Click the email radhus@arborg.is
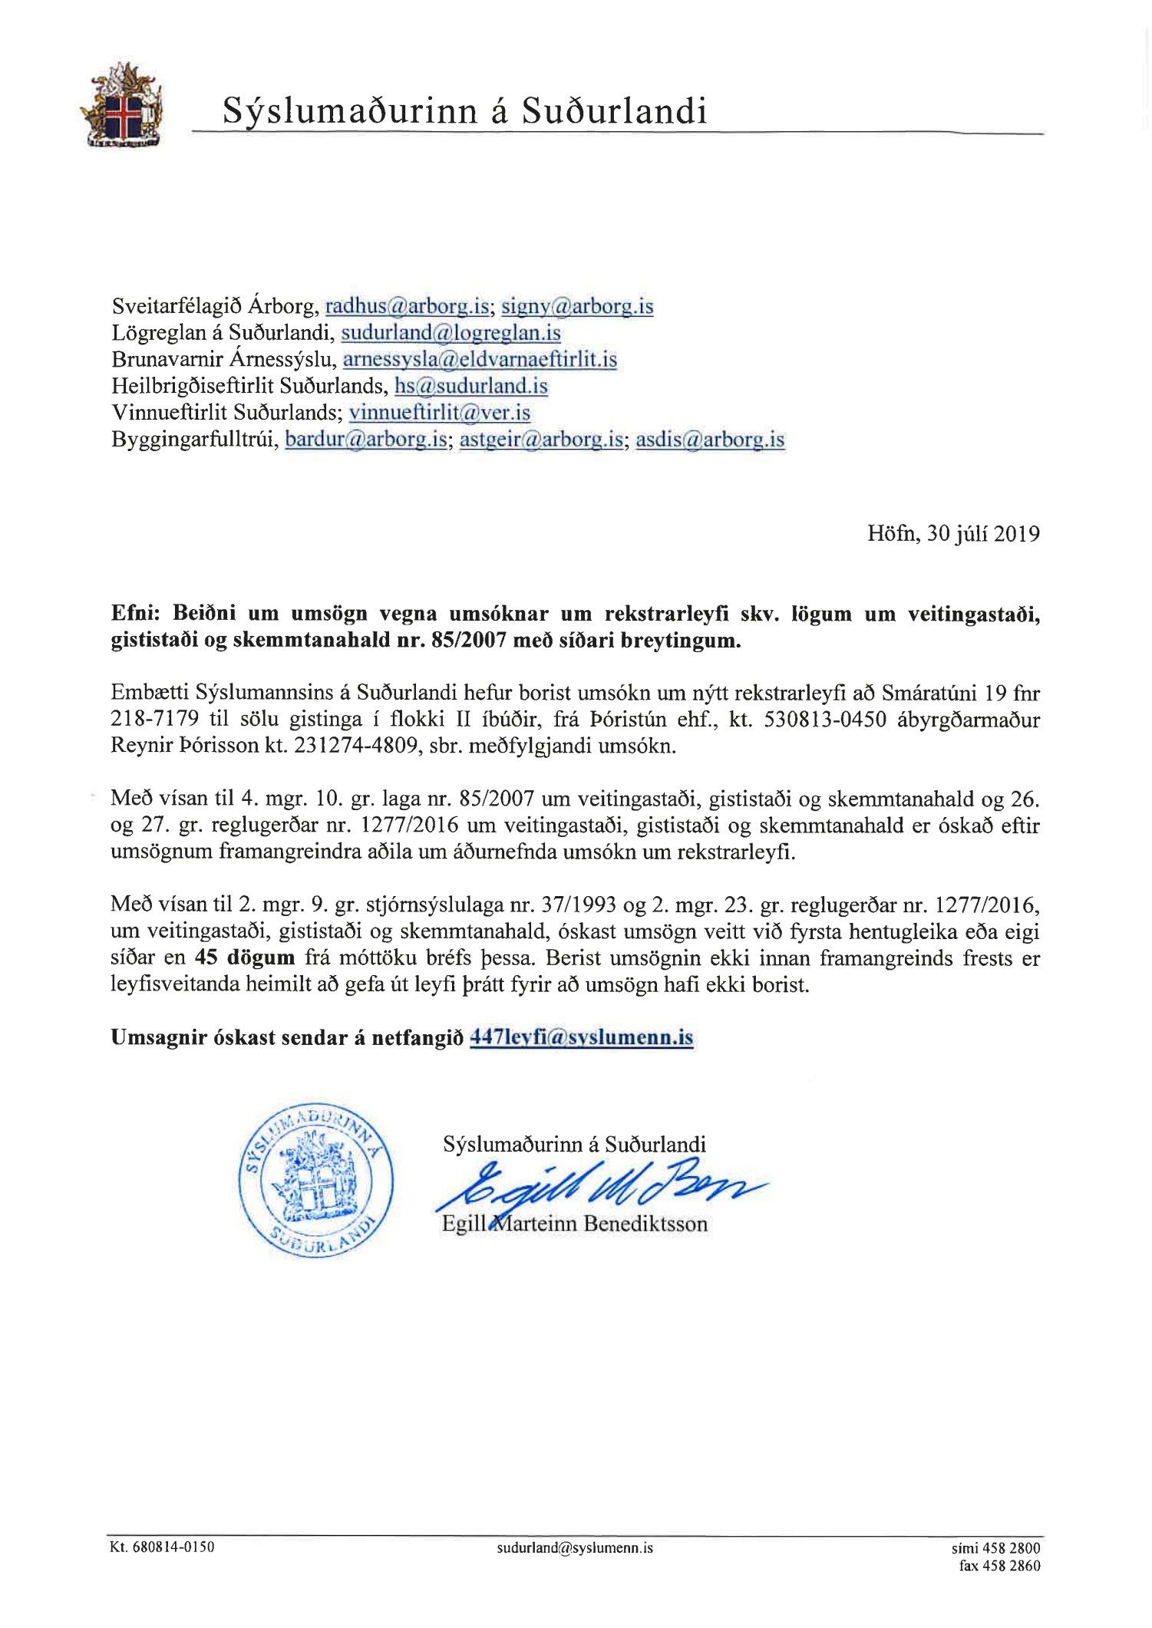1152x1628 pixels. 408,307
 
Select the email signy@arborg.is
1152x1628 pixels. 577,307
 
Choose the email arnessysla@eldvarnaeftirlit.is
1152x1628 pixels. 480,359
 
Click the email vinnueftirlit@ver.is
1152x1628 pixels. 440,413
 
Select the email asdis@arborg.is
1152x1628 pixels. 710,440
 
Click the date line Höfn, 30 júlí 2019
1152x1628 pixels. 953,534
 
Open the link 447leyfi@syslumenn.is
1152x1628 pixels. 581,1038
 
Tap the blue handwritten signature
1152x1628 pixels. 599,1187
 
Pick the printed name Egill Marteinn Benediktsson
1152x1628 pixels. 574,1223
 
